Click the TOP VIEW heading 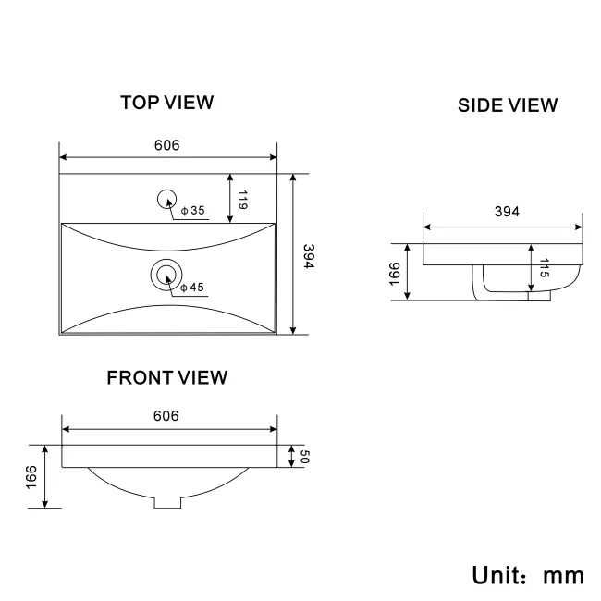(166, 103)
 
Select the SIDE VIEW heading (508, 105)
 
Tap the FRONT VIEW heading (166, 377)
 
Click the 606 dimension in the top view (166, 145)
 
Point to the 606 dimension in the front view (166, 416)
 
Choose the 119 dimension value (241, 200)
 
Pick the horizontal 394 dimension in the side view (506, 212)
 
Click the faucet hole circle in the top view (167, 197)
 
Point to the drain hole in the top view (166, 273)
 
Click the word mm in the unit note (562, 575)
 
